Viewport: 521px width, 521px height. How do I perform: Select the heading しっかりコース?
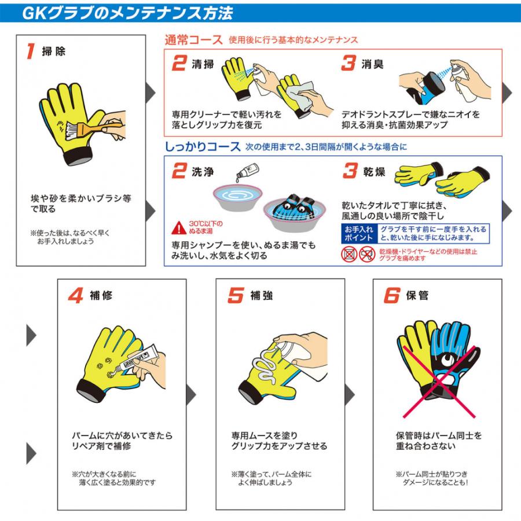(x=202, y=146)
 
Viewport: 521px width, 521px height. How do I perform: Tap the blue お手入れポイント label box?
(x=358, y=233)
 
